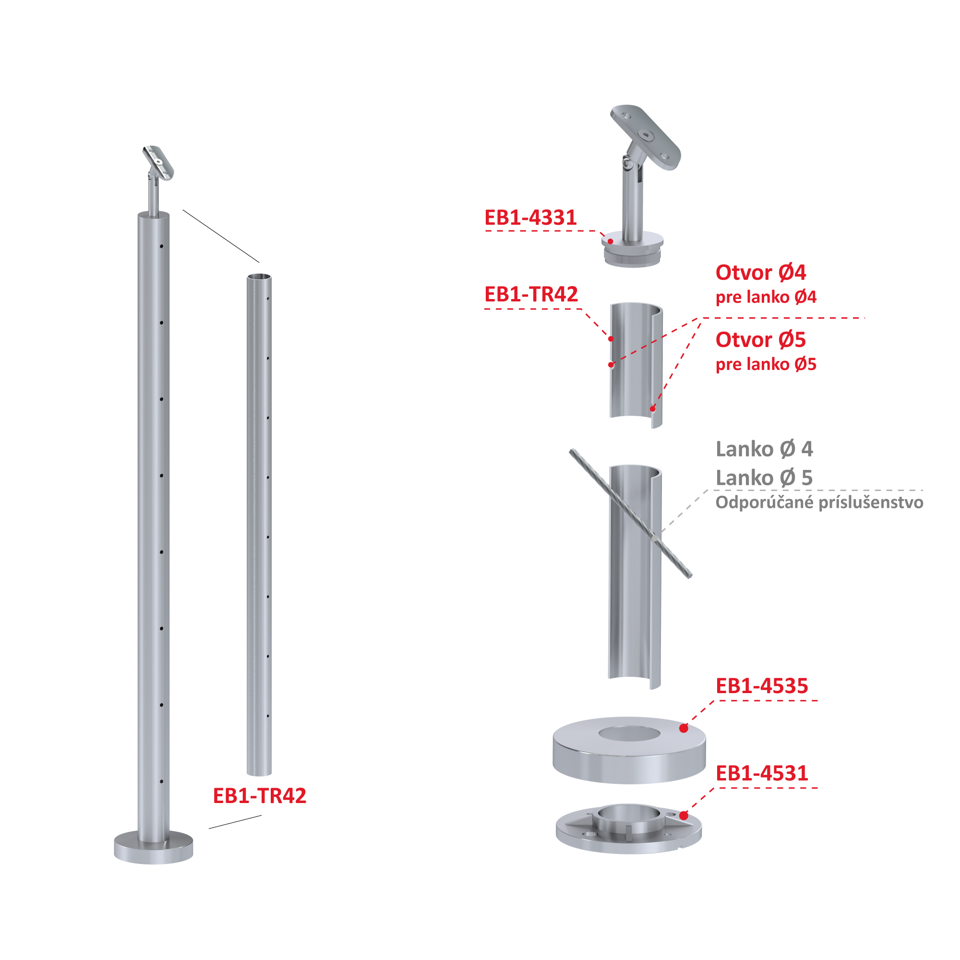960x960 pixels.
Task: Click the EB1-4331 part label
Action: (530, 217)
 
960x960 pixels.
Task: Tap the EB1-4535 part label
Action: (762, 686)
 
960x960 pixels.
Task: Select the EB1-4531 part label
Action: (762, 773)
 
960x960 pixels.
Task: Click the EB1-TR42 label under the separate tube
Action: (259, 795)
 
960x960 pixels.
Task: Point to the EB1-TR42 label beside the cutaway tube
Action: (531, 294)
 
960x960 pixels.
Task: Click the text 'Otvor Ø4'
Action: (761, 272)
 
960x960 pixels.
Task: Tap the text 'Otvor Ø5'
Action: (761, 339)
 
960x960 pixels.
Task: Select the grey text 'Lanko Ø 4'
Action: (764, 449)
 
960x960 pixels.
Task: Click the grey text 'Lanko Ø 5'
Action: (764, 478)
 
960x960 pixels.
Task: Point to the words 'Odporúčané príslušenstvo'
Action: (819, 503)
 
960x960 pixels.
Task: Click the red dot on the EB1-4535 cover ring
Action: (684, 729)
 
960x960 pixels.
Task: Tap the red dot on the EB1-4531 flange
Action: (684, 816)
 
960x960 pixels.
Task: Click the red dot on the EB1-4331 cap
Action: (610, 241)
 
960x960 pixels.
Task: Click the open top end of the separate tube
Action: (259, 277)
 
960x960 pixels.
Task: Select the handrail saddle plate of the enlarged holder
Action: (646, 137)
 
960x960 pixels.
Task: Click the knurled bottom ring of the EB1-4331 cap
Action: (633, 258)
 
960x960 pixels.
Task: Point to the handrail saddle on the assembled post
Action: (158, 163)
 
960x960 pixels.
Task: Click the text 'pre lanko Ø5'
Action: (766, 364)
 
